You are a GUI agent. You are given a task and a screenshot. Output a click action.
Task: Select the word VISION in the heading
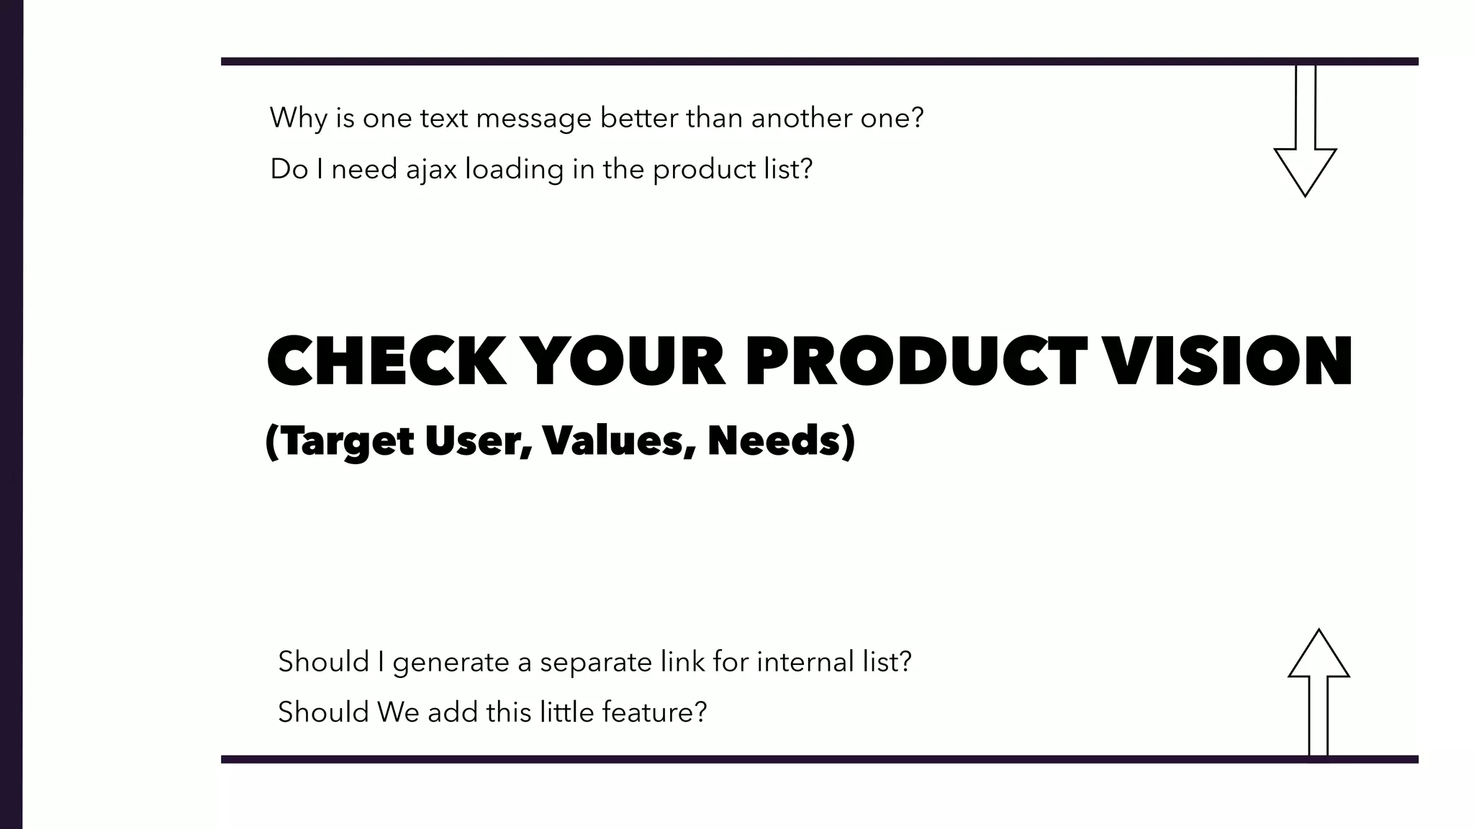(x=1228, y=361)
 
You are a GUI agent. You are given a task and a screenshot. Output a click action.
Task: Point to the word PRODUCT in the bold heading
(x=915, y=361)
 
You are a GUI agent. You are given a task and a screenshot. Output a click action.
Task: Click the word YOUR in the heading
(x=625, y=361)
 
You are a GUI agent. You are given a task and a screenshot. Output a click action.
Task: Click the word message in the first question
(x=533, y=119)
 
